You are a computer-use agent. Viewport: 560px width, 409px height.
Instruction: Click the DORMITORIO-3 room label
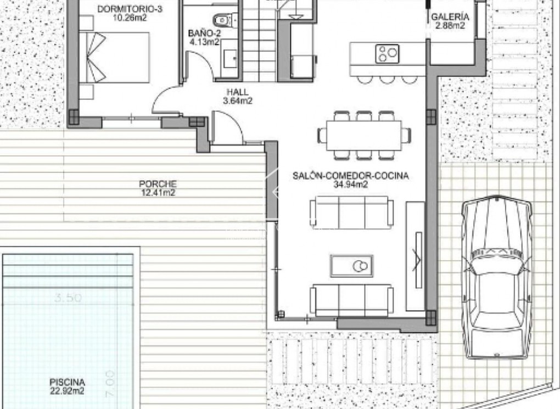pos(122,9)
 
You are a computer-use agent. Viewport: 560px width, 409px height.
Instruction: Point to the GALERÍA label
pos(450,16)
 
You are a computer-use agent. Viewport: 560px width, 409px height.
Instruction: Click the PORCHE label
pos(158,184)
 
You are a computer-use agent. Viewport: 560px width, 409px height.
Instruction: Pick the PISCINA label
pos(67,383)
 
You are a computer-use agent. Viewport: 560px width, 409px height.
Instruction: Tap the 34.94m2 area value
pos(350,185)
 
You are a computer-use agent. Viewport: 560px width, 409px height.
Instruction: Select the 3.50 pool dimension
pos(69,298)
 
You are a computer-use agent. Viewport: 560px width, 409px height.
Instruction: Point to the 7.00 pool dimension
pos(109,378)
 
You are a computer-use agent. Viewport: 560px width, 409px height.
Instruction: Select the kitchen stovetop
pos(388,53)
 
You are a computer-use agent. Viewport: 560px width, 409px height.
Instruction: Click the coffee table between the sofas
pos(352,266)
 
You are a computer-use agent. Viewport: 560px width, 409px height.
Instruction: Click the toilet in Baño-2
pos(222,21)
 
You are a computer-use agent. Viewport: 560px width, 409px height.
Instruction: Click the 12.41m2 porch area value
pos(158,193)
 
